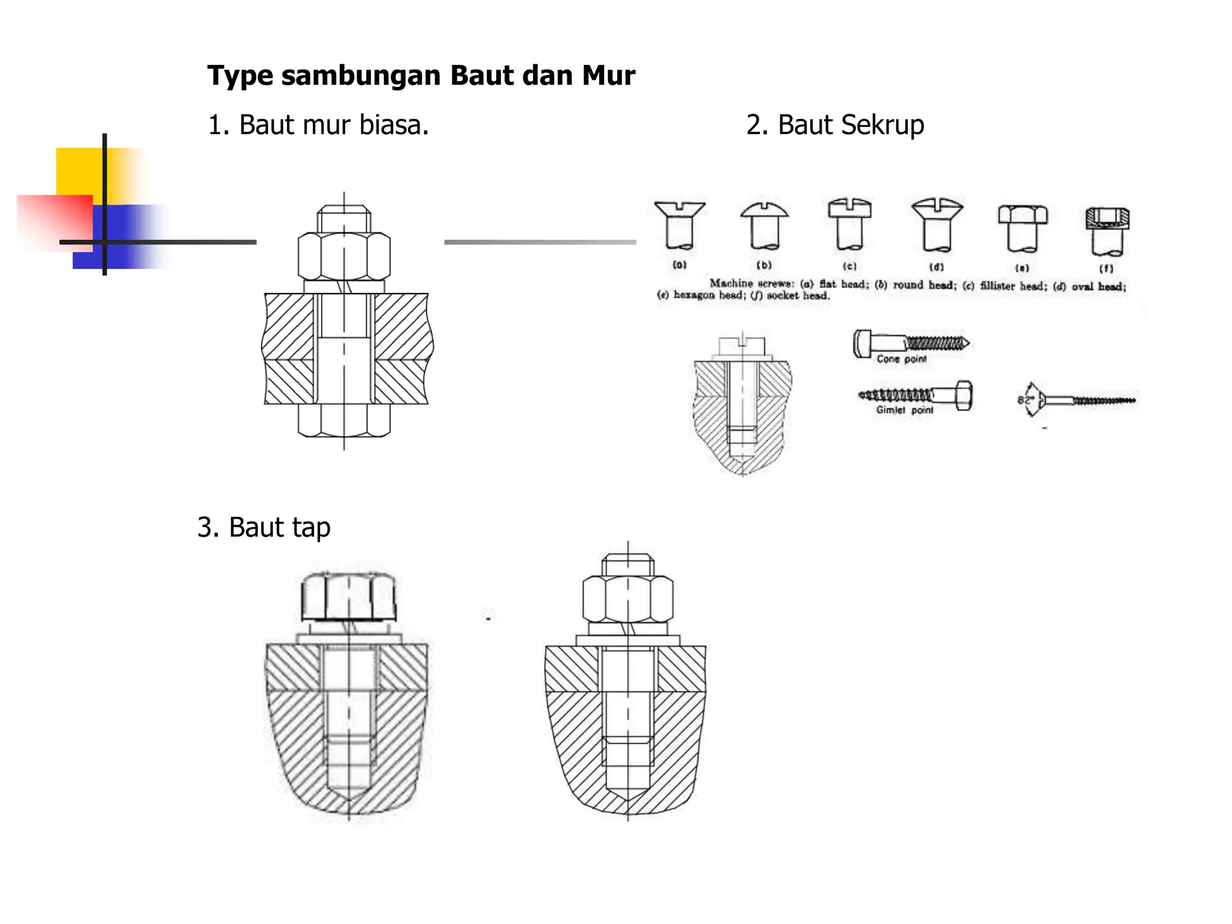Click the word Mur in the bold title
[x=608, y=76]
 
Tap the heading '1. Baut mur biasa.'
[x=318, y=125]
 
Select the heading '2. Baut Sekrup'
[x=835, y=125]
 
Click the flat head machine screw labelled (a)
[x=680, y=226]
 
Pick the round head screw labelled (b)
[x=764, y=226]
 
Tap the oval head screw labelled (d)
[x=937, y=225]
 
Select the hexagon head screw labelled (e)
[x=1022, y=228]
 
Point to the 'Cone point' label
[x=901, y=359]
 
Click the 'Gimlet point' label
[x=904, y=410]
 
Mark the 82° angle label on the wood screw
[x=1024, y=400]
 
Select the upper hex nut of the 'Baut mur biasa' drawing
[x=344, y=255]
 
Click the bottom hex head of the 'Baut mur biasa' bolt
[x=344, y=419]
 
